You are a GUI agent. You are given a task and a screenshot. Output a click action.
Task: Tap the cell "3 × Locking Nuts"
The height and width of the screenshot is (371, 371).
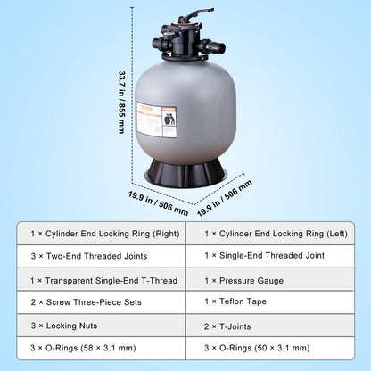(98, 326)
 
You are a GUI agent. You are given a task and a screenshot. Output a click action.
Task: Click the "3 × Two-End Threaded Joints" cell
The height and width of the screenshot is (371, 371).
(98, 257)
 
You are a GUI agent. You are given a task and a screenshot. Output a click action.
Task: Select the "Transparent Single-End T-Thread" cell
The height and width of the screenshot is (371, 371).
(98, 280)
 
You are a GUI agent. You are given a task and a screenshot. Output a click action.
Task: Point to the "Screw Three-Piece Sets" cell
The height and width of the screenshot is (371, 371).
(98, 303)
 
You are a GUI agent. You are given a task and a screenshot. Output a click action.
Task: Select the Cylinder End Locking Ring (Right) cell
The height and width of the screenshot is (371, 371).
(98, 234)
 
